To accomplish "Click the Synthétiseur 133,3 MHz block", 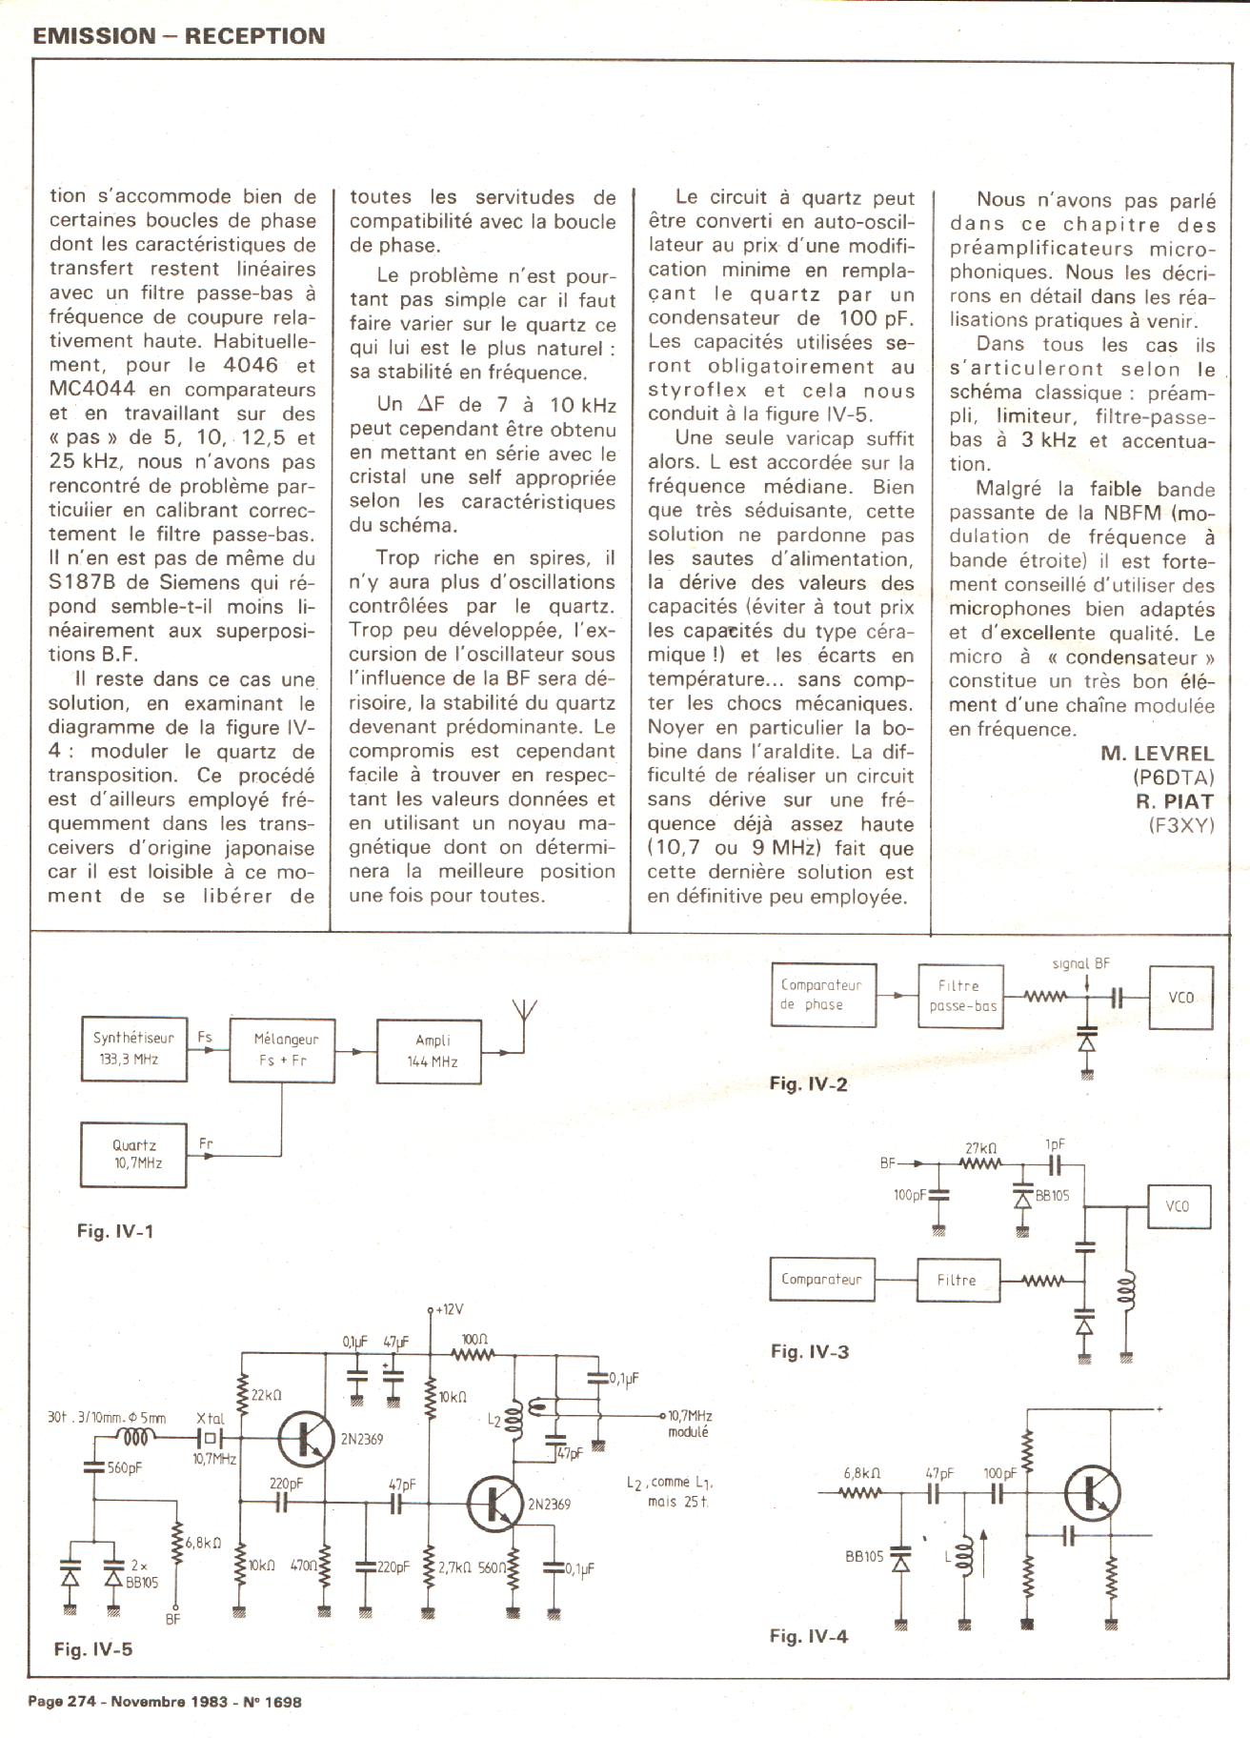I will click(133, 1048).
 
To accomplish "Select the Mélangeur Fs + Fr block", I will click(282, 1049).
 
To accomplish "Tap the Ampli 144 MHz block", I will click(430, 1051).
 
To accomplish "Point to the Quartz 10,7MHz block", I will click(133, 1154).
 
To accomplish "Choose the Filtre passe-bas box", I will click(960, 996).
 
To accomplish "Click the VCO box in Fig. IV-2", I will click(1180, 997).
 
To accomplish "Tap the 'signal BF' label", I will click(1081, 963).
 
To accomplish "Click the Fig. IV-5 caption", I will click(93, 1649).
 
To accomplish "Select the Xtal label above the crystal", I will click(210, 1419).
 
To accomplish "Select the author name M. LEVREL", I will click(1157, 753).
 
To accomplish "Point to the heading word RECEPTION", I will click(254, 36).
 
